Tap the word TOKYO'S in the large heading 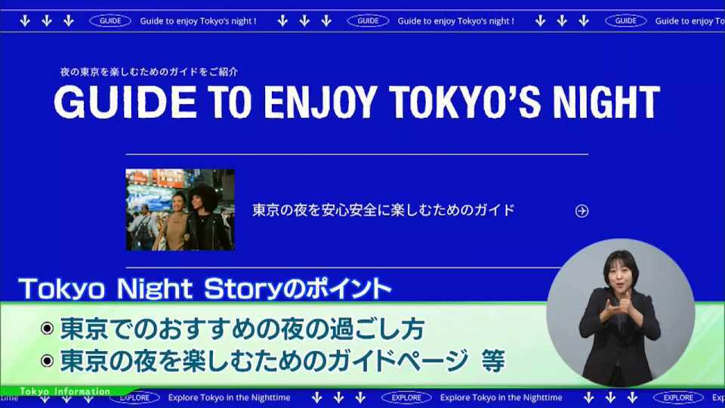coord(464,102)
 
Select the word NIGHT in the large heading coord(606,102)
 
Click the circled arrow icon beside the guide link coord(582,211)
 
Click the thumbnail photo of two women coord(180,210)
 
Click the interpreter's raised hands coord(619,310)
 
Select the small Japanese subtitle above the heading coord(149,72)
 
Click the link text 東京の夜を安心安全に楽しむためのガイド coord(384,211)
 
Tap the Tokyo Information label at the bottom coord(65,391)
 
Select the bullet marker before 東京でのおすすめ coord(47,329)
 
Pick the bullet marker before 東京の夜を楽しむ coord(47,361)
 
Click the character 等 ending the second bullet coord(493,361)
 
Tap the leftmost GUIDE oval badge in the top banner coord(110,21)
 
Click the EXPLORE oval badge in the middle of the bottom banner coord(406,397)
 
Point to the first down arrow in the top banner coord(25,21)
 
